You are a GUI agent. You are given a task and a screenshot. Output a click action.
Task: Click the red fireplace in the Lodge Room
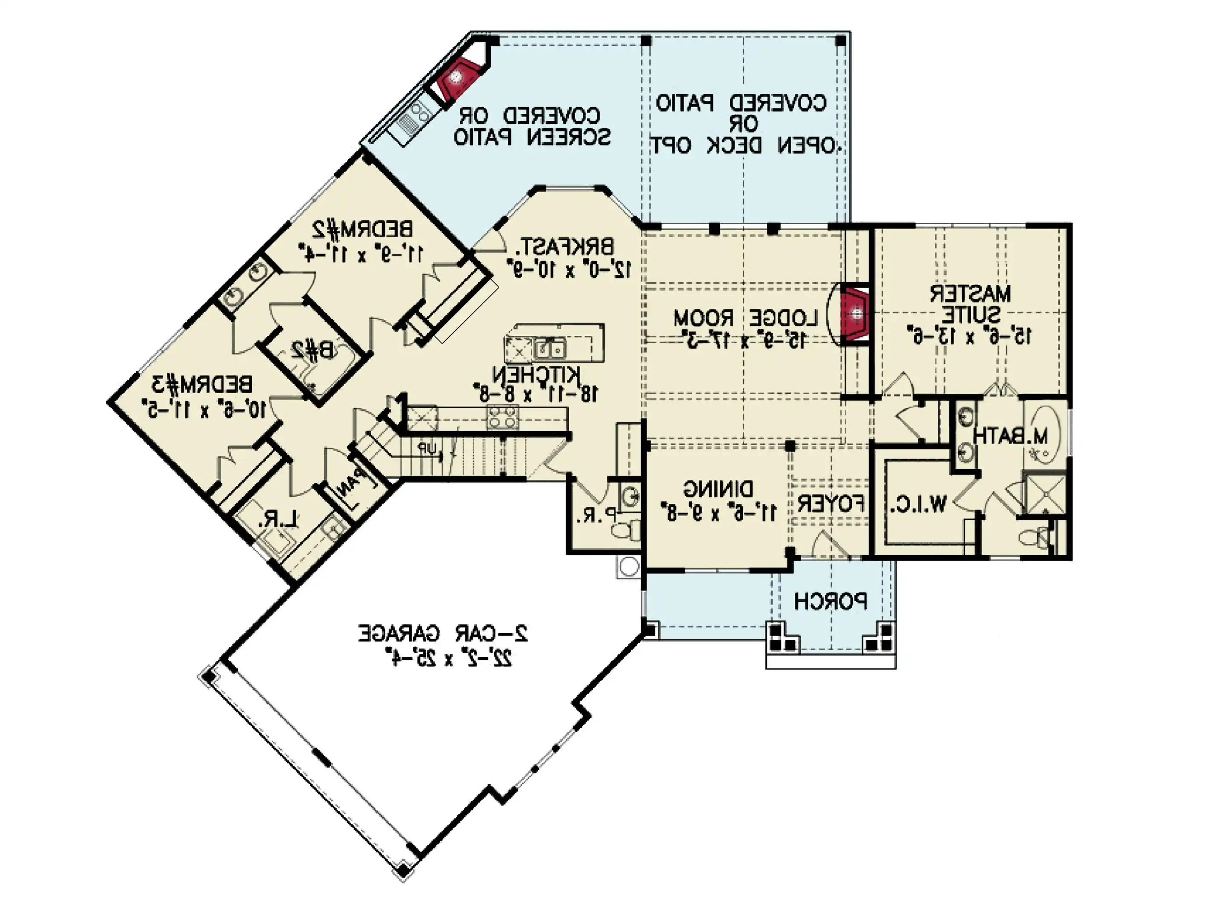(855, 315)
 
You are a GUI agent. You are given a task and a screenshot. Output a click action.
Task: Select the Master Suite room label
(969, 304)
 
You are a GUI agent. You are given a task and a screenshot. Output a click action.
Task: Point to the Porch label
(830, 602)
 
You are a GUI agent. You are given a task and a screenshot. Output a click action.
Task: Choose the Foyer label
(830, 504)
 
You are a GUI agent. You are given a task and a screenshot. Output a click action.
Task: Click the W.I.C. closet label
(917, 504)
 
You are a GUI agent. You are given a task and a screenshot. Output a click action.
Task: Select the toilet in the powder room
(624, 530)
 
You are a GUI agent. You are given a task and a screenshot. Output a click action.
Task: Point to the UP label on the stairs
(427, 449)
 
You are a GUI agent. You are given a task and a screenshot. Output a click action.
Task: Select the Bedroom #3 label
(203, 385)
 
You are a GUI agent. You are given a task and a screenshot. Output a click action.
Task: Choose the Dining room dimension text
(721, 513)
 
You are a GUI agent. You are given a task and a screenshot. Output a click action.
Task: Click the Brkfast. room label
(567, 247)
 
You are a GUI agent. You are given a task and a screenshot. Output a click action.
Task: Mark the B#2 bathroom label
(312, 349)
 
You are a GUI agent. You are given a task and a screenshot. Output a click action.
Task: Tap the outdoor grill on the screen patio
(413, 117)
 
